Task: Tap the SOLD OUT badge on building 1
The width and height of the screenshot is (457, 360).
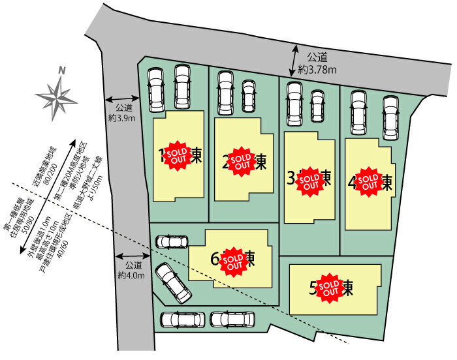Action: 176,155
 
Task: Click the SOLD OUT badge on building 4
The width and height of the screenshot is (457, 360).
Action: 369,181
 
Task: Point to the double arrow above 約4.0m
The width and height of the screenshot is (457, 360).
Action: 132,256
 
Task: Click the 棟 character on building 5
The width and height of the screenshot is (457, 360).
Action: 349,288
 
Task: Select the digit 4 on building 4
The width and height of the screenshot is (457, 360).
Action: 352,183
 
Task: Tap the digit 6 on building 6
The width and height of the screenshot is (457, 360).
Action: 215,259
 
